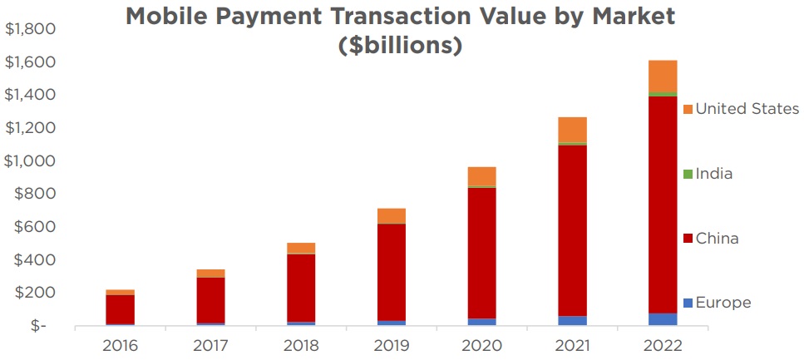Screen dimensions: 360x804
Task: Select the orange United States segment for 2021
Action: click(x=572, y=130)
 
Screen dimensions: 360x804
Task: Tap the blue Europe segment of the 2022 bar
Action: click(x=663, y=319)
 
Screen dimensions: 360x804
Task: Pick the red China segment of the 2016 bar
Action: click(x=121, y=308)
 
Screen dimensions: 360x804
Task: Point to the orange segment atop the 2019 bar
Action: click(x=392, y=215)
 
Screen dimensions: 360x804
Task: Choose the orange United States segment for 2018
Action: click(x=301, y=248)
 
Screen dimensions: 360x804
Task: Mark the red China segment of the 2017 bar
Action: click(x=211, y=299)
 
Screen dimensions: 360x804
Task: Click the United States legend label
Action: click(x=747, y=109)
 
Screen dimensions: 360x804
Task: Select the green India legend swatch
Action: click(x=687, y=174)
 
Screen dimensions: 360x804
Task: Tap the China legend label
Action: click(x=717, y=239)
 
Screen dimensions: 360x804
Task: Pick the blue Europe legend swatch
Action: click(x=687, y=303)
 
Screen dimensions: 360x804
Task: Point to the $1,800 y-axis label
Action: click(x=30, y=29)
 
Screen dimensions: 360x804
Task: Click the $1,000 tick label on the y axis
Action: click(x=30, y=160)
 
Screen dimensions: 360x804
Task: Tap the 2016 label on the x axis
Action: click(x=121, y=344)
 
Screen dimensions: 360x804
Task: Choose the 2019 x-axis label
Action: click(x=392, y=344)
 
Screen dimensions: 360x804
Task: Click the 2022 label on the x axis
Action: click(x=663, y=344)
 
